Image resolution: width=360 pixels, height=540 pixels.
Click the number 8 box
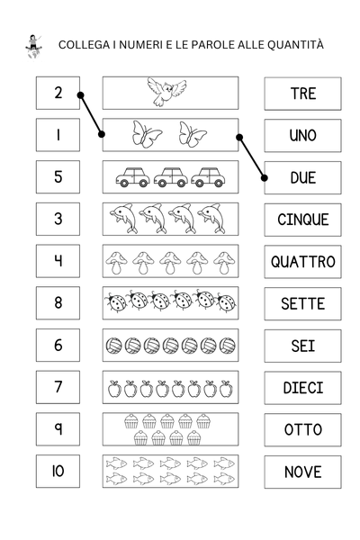[58, 302]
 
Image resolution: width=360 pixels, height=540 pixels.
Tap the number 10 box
[58, 471]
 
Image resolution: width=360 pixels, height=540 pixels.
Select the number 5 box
[58, 176]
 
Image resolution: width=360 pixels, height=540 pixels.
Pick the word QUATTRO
[302, 261]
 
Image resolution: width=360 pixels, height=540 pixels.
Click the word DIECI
[302, 387]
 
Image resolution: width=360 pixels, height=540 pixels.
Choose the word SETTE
[302, 303]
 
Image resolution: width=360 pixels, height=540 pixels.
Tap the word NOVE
[302, 472]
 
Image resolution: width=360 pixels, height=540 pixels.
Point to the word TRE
[302, 94]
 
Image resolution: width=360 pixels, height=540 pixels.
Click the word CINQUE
[302, 219]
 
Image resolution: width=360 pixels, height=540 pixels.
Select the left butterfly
[147, 134]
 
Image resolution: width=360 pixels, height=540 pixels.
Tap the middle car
[170, 177]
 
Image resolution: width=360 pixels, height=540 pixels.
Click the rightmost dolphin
[214, 218]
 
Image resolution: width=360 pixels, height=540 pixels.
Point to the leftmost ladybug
[116, 301]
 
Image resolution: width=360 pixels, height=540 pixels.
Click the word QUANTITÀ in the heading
[294, 44]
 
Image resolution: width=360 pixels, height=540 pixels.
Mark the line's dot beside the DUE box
[265, 177]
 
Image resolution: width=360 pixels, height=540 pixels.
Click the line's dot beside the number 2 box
[81, 94]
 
